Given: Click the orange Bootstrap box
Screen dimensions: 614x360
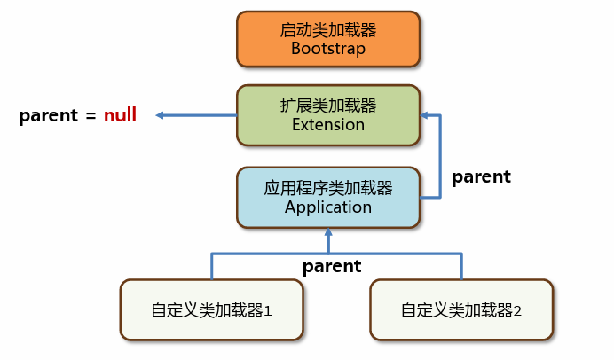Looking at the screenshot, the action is pyautogui.click(x=328, y=39).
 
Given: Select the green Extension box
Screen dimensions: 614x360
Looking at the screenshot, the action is pyautogui.click(x=328, y=115).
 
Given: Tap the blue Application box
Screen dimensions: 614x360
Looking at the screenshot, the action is pyautogui.click(x=328, y=198).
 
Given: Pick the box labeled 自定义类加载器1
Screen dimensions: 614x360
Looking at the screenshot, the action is pyautogui.click(x=211, y=310).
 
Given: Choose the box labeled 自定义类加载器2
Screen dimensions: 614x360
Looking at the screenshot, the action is pyautogui.click(x=461, y=310).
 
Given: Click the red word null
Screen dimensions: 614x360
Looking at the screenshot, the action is pyautogui.click(x=120, y=115).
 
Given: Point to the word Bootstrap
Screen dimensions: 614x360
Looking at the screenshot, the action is pyautogui.click(x=328, y=49).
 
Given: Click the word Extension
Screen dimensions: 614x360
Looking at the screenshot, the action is pyautogui.click(x=328, y=125).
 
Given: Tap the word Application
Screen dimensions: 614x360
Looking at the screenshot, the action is pyautogui.click(x=328, y=207).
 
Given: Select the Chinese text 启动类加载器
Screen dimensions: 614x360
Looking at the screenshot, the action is pyautogui.click(x=328, y=30).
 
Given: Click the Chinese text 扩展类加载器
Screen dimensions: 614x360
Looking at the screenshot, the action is pyautogui.click(x=328, y=106).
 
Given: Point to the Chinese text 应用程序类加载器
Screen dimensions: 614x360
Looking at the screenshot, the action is pyautogui.click(x=328, y=188).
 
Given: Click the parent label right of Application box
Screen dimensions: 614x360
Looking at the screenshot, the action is pyautogui.click(x=481, y=177).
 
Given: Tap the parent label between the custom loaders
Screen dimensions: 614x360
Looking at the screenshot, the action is pyautogui.click(x=332, y=267).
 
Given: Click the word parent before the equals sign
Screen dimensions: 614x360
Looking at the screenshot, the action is pyautogui.click(x=49, y=116).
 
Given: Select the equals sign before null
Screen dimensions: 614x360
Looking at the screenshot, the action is pyautogui.click(x=91, y=116).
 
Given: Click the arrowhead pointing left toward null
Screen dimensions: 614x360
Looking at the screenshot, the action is pyautogui.click(x=160, y=115).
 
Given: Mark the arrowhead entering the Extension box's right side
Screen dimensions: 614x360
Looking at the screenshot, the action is pyautogui.click(x=424, y=115).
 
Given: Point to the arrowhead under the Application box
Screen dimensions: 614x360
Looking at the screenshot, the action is pyautogui.click(x=328, y=232).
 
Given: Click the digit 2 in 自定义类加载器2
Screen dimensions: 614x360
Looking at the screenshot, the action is pyautogui.click(x=517, y=311).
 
